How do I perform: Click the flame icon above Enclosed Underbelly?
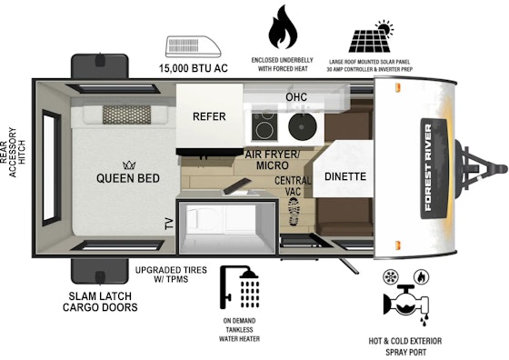(x=283, y=27)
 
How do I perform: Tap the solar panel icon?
(x=371, y=36)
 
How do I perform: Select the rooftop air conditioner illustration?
(x=193, y=47)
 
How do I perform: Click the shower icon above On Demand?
(x=240, y=287)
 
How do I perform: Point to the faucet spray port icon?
(x=406, y=305)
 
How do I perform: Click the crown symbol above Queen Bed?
(x=129, y=165)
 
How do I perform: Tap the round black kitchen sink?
(x=302, y=127)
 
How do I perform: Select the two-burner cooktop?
(x=264, y=126)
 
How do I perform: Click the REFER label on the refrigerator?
(x=209, y=116)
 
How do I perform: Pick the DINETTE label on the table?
(x=345, y=176)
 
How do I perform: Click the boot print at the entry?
(x=294, y=211)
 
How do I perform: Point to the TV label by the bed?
(x=170, y=224)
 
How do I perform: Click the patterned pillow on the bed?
(x=126, y=115)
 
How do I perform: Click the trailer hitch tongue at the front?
(x=481, y=169)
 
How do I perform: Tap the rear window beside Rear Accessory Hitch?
(x=52, y=168)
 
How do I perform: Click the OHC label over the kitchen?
(x=296, y=96)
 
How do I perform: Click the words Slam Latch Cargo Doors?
(x=100, y=302)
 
